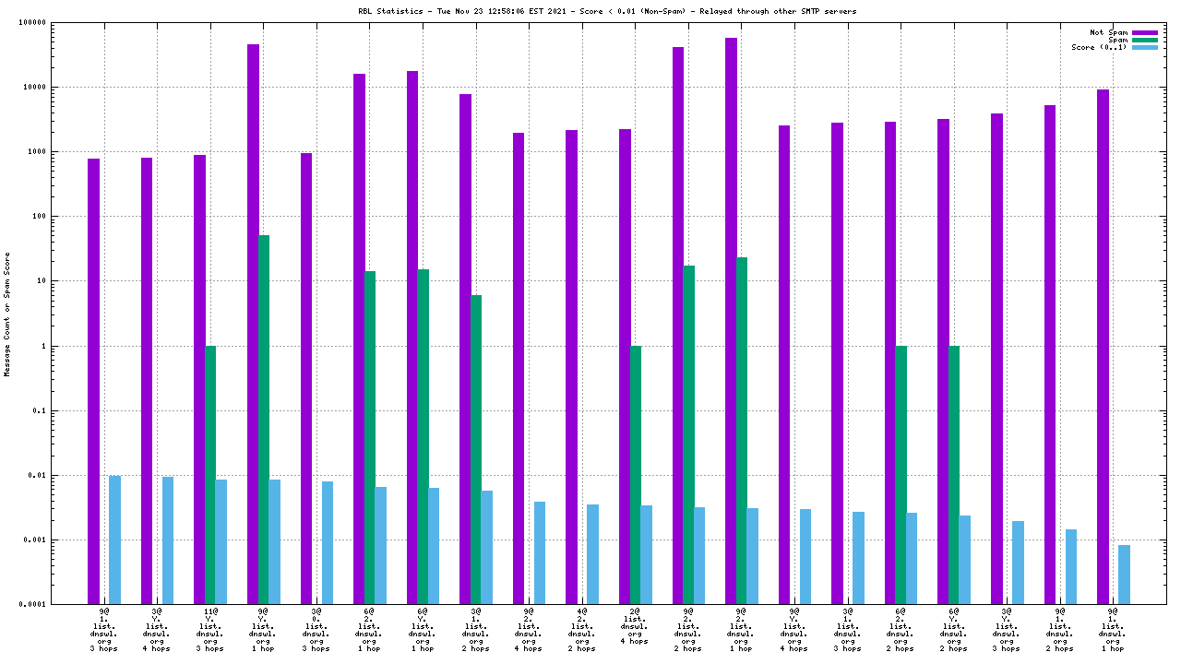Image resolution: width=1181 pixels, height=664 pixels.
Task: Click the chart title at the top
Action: (x=606, y=11)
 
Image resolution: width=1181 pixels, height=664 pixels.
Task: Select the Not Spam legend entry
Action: (x=1108, y=32)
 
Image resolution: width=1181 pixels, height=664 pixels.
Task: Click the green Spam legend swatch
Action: (x=1144, y=40)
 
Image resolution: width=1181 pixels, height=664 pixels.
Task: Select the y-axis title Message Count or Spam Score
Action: (x=7, y=314)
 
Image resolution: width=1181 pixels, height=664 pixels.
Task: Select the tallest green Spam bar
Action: (x=264, y=420)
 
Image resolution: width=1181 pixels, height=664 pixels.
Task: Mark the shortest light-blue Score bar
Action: (x=1124, y=575)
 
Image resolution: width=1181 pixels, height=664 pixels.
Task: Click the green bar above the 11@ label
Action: (x=210, y=475)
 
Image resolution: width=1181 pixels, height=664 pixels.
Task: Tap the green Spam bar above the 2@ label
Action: (x=636, y=475)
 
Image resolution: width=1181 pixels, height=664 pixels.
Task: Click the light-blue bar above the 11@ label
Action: (x=221, y=541)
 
